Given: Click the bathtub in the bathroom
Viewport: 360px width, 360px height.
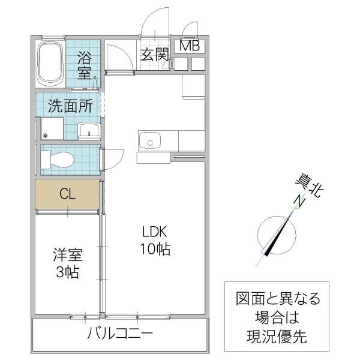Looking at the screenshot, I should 51,64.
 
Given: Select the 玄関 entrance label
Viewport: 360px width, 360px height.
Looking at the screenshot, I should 154,54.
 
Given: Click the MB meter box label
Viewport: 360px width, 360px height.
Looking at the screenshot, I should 190,46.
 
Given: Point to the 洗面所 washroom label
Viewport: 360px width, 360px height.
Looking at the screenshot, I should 70,107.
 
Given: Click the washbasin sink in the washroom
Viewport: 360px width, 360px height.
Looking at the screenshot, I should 90,130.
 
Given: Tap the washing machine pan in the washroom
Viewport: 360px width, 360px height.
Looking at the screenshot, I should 52,129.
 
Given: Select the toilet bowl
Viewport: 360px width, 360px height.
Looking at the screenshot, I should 58,160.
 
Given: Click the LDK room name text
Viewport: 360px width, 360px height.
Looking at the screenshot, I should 155,232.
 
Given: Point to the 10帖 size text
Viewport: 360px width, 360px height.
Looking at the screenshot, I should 155,249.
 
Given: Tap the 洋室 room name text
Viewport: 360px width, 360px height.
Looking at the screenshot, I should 66,255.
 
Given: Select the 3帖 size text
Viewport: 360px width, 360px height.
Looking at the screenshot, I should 67,272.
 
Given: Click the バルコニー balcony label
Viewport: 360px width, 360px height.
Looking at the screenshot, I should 120,334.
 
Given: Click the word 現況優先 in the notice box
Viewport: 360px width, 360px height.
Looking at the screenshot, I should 277,337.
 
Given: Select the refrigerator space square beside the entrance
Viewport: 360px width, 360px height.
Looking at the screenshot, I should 194,85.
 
